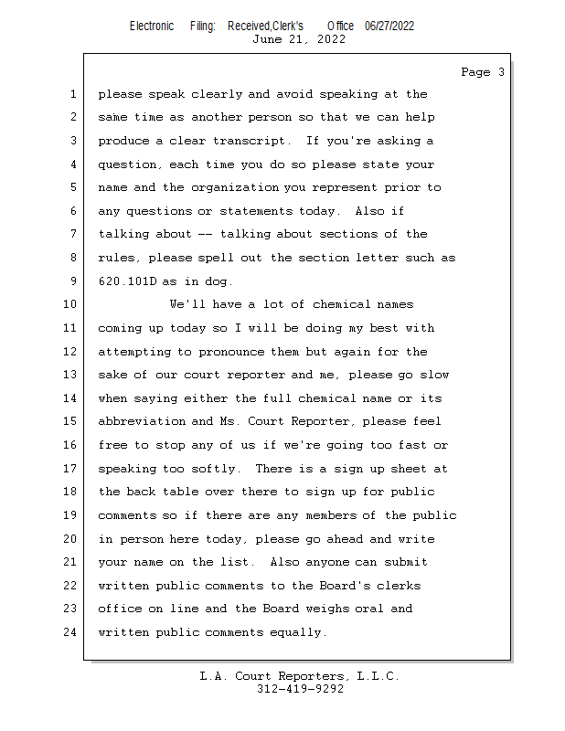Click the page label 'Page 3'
tap(482, 72)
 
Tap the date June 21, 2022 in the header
tap(298, 39)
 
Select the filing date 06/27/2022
tap(389, 26)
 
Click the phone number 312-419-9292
tap(301, 689)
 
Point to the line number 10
tap(70, 304)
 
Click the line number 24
tap(70, 631)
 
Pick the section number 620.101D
tap(129, 281)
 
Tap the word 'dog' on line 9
tap(220, 281)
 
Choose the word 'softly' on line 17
tap(217, 469)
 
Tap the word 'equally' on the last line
tap(297, 631)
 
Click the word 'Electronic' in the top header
tap(152, 26)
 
